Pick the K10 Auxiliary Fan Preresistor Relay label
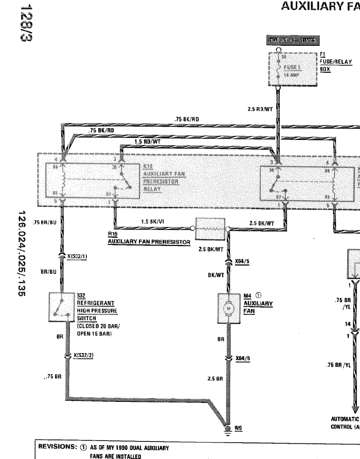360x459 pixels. coord(160,178)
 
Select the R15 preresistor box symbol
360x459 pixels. coord(210,226)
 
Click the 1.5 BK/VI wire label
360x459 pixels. coord(153,222)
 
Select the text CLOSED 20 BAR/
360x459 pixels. coord(99,326)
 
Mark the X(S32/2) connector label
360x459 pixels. coord(84,356)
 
